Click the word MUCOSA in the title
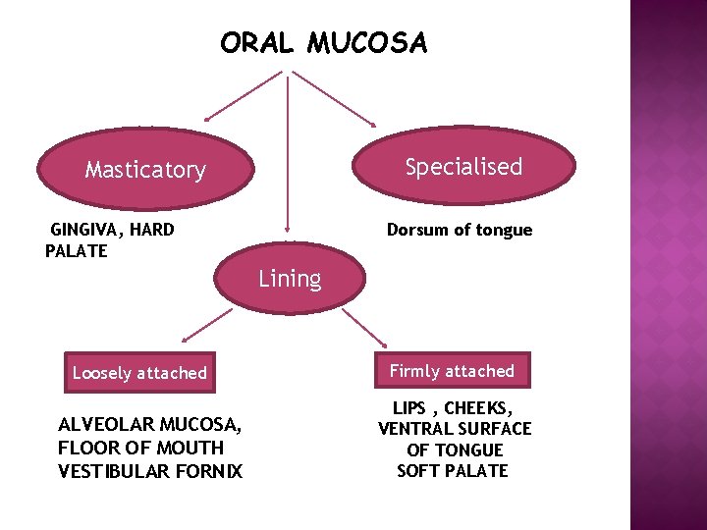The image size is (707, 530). (x=367, y=44)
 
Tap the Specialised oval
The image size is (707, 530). (x=463, y=167)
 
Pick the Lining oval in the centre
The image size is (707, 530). (x=290, y=279)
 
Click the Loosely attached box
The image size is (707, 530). (x=139, y=373)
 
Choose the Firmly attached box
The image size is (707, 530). (x=452, y=371)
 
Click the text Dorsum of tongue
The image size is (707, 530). (x=459, y=230)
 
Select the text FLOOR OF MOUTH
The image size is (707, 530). (x=140, y=448)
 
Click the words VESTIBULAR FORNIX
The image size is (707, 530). (x=149, y=471)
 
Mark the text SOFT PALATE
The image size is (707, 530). (x=452, y=471)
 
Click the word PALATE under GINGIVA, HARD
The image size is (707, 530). (x=77, y=250)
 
